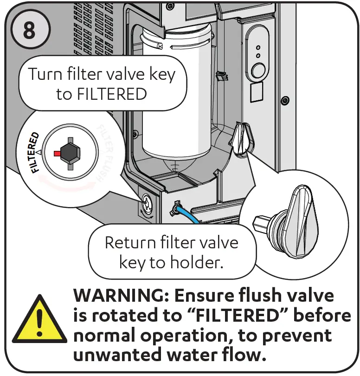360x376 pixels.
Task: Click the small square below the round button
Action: click(x=257, y=94)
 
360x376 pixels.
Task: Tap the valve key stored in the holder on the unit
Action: click(x=242, y=139)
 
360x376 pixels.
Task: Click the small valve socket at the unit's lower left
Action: click(x=147, y=202)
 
